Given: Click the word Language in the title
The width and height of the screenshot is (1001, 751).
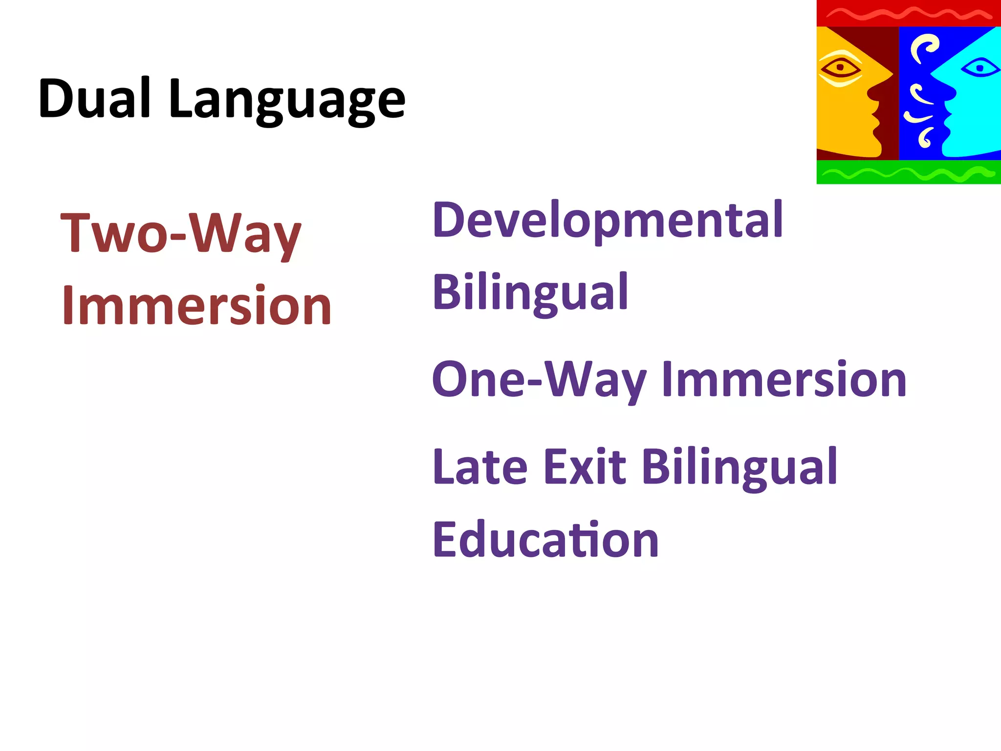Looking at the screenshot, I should tap(287, 101).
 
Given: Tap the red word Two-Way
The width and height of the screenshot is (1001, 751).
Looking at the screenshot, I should tap(180, 234).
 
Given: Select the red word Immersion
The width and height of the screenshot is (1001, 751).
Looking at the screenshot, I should tap(196, 306).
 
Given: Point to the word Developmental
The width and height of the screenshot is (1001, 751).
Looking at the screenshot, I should tap(608, 221).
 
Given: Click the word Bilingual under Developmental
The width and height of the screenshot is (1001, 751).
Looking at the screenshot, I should tap(530, 293).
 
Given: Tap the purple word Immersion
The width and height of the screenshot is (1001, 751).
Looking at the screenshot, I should tap(784, 380).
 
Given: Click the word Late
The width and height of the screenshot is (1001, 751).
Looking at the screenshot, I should tap(480, 467).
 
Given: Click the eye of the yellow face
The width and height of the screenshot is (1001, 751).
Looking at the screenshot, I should tap(840, 67).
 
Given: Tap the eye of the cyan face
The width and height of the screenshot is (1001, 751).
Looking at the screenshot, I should tap(980, 67).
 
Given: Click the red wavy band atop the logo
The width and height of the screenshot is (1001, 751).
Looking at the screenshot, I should tap(908, 13).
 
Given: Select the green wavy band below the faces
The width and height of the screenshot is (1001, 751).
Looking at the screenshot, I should tap(908, 172).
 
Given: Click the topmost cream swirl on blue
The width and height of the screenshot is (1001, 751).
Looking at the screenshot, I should tap(924, 46).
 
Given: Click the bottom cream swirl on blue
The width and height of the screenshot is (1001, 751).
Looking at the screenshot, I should tap(925, 137).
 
